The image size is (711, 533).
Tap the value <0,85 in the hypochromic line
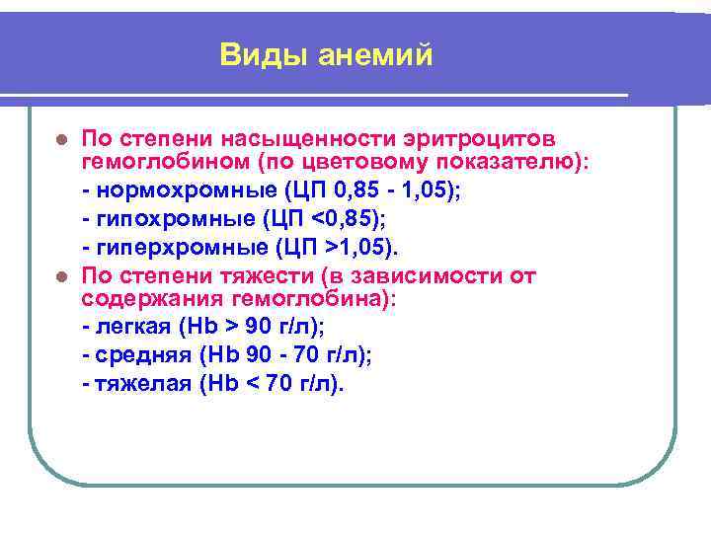[337, 218]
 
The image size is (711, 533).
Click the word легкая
[128, 328]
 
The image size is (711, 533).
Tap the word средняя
[136, 355]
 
